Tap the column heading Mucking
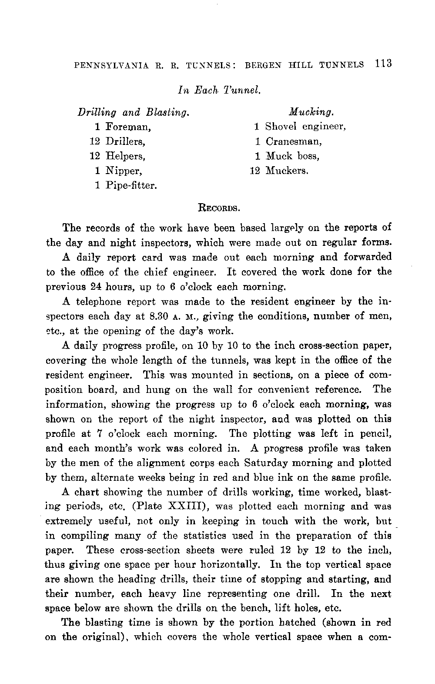(x=311, y=112)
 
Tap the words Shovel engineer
(x=305, y=127)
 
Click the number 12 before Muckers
(x=255, y=171)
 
